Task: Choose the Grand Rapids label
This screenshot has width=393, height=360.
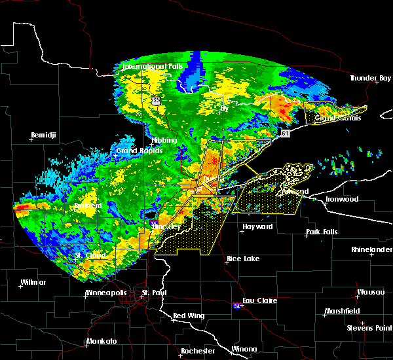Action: coord(134,151)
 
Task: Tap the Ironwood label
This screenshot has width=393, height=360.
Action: coord(343,198)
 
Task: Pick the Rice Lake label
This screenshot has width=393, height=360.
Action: coord(242,259)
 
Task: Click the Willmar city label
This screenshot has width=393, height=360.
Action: coord(33,282)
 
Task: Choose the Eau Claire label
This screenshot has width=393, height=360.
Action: coord(260,300)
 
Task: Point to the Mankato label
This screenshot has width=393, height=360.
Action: coord(102,341)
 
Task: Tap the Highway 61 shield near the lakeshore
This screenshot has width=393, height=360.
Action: coord(284,133)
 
